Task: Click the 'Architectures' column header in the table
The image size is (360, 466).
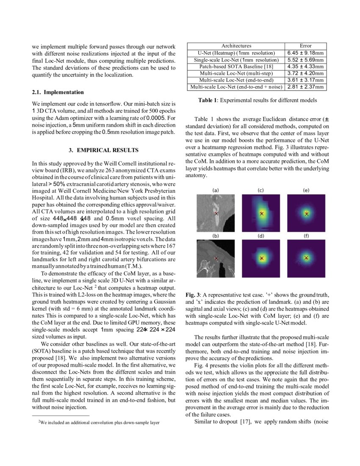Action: coord(236,46)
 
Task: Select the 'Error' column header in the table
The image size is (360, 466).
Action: coord(305,46)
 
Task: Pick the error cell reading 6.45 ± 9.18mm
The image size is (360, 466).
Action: coord(305,53)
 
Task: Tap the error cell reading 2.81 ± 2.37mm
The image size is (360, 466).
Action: coord(305,87)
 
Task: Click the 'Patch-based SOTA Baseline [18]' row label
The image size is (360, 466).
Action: coord(236,67)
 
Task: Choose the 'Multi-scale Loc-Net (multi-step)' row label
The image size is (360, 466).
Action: coord(236,73)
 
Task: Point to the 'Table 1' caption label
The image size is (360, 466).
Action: coord(208,100)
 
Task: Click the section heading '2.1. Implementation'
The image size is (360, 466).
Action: coord(58,92)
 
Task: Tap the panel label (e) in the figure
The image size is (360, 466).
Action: coord(306,191)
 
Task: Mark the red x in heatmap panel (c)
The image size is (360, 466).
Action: coord(261,214)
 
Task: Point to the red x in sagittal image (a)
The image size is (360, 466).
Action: coord(216,213)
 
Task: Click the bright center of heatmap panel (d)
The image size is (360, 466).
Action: coord(261,258)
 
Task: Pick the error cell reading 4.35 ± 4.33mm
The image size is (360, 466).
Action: coord(305,67)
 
